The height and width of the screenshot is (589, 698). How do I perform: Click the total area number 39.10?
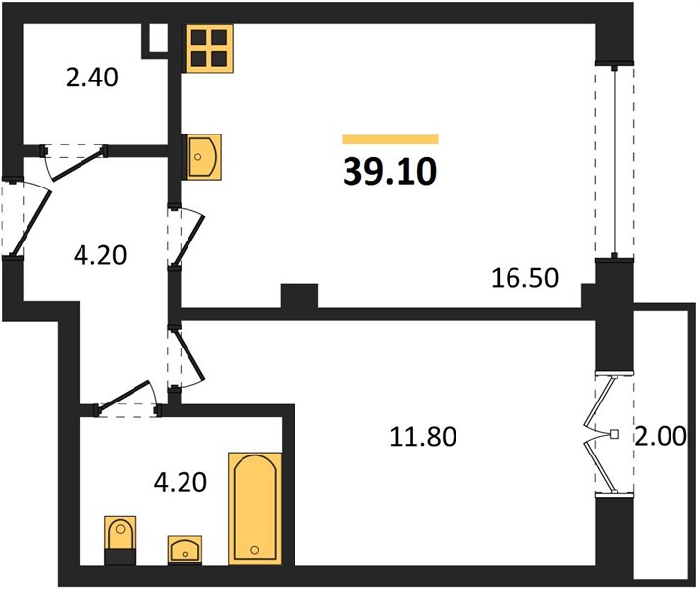pyautogui.click(x=390, y=172)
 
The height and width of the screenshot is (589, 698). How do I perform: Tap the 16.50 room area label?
pyautogui.click(x=524, y=278)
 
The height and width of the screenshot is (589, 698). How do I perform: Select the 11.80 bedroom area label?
pyautogui.click(x=422, y=436)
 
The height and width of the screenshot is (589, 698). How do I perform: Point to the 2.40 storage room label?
pyautogui.click(x=91, y=78)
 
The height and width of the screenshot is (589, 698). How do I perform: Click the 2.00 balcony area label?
pyautogui.click(x=660, y=436)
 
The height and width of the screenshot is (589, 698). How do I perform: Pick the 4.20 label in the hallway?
pyautogui.click(x=100, y=256)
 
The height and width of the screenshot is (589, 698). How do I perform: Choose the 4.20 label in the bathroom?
pyautogui.click(x=180, y=482)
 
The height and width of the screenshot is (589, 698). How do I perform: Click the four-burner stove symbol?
pyautogui.click(x=209, y=48)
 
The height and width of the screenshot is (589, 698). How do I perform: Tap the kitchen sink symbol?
pyautogui.click(x=203, y=157)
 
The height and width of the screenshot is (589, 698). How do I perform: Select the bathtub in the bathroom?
pyautogui.click(x=255, y=509)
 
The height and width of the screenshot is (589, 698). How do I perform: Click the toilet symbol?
pyautogui.click(x=120, y=540)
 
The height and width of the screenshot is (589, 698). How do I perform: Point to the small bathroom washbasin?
pyautogui.click(x=185, y=550)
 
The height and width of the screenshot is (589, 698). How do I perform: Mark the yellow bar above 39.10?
pyautogui.click(x=390, y=139)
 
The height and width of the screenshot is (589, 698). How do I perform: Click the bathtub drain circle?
pyautogui.click(x=255, y=550)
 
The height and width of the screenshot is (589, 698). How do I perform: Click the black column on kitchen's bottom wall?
pyautogui.click(x=299, y=296)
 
